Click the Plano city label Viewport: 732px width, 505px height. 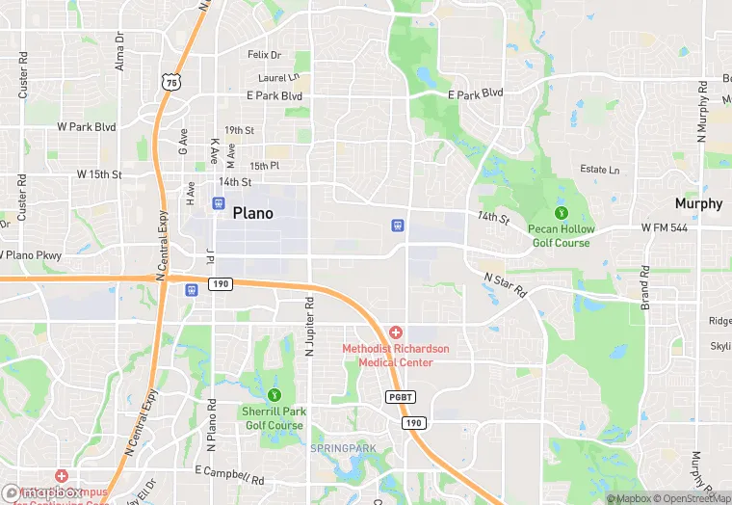click(x=252, y=214)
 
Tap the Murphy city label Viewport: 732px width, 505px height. click(x=698, y=203)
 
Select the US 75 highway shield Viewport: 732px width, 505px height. click(x=170, y=84)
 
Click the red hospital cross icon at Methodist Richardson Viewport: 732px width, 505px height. click(x=396, y=332)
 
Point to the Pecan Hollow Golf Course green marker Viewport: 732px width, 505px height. click(x=561, y=213)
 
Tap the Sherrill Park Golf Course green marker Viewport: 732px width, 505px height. click(x=274, y=395)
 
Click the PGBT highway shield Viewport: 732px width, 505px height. click(x=400, y=397)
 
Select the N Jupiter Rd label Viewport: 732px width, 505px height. click(x=310, y=325)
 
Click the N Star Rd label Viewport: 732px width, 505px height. click(x=506, y=284)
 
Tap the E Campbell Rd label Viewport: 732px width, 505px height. click(x=229, y=474)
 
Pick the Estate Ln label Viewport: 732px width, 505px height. click(x=599, y=170)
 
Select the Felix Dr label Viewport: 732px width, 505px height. click(x=264, y=55)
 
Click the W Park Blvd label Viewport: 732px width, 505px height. click(x=86, y=126)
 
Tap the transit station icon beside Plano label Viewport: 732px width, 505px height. click(x=218, y=203)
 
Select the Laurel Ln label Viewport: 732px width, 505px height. click(x=279, y=77)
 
